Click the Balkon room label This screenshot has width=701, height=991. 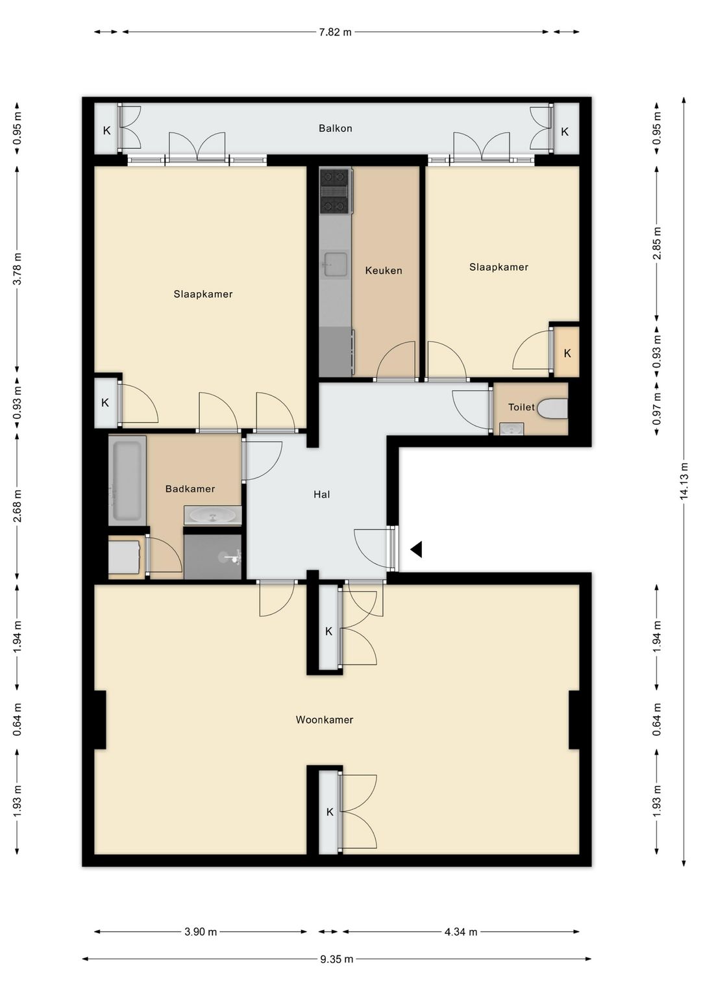point(335,129)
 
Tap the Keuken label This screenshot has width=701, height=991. point(384,270)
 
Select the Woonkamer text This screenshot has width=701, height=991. point(324,720)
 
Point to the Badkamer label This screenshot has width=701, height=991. point(190,489)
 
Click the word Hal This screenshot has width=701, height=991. point(321,495)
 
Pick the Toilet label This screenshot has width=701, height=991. point(521,407)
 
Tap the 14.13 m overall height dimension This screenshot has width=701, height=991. point(684,481)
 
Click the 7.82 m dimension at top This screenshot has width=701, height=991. point(335,32)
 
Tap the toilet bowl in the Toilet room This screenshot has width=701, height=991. point(553,408)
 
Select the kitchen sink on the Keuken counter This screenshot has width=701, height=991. point(336,264)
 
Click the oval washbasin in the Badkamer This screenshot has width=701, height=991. point(213,516)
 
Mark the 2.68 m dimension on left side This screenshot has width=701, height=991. point(18,506)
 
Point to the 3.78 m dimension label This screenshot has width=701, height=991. point(18,270)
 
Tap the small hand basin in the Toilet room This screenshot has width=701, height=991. point(511,429)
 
